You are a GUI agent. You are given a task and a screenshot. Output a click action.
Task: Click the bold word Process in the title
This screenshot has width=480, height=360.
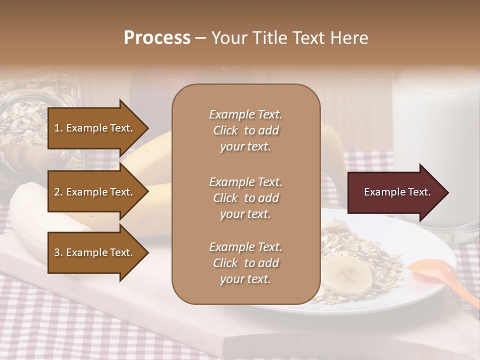pos(157,38)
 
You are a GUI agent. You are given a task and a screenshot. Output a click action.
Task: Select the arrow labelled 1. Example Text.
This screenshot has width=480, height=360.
pos(95,128)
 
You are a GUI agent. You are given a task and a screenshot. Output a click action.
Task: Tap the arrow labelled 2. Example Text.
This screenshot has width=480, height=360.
pos(95,192)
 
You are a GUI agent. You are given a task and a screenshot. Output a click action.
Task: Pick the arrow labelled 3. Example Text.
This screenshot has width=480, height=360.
pos(95,252)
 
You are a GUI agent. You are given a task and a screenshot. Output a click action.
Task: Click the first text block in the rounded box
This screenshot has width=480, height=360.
pos(245,130)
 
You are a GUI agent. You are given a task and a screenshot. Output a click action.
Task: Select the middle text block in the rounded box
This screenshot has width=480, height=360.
pos(245,198)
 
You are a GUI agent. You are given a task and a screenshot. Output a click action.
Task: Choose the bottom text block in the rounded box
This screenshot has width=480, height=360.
pos(245,263)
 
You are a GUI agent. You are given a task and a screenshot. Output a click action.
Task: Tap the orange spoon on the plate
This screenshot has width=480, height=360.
pos(440,280)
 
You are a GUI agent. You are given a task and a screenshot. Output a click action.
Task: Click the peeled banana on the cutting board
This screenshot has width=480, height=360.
pos(30,215)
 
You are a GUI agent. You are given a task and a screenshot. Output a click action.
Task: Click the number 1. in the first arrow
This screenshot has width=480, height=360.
pos(58,128)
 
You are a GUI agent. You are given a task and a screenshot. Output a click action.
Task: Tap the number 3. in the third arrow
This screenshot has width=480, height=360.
pos(58,252)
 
